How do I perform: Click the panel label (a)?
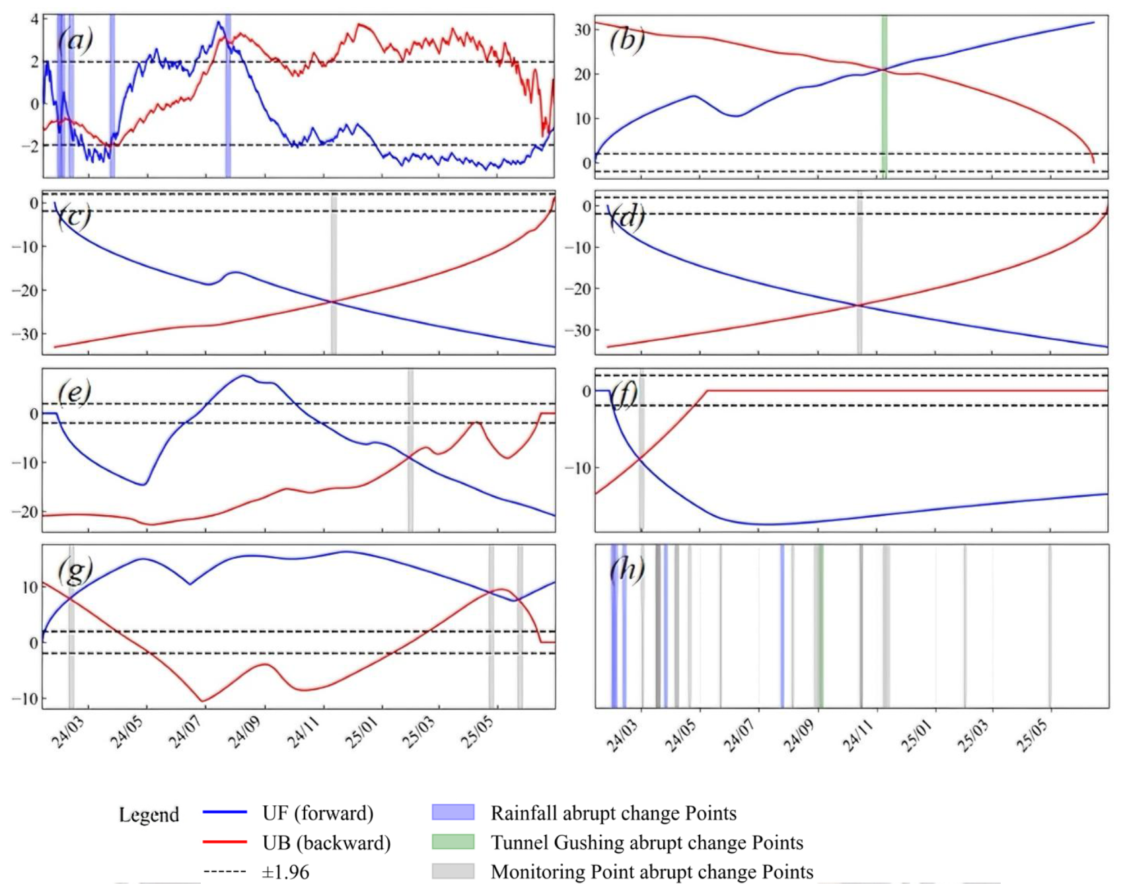[x=75, y=41]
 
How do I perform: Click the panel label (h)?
[x=626, y=569]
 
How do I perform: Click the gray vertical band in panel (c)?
[x=334, y=274]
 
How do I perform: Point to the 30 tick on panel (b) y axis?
[x=582, y=30]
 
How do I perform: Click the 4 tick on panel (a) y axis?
[x=34, y=19]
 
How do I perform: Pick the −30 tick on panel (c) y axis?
[x=25, y=334]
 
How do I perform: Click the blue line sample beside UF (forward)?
[x=225, y=812]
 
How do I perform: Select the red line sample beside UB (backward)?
[x=225, y=842]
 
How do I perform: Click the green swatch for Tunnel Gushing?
[x=453, y=842]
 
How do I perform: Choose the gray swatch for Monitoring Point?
[x=453, y=871]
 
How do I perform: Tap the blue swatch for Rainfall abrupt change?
[x=453, y=812]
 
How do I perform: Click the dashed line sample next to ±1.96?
[x=225, y=872]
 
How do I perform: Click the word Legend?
[x=149, y=814]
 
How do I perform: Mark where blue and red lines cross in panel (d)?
[x=858, y=305]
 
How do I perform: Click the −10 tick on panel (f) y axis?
[x=577, y=468]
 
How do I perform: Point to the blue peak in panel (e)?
[x=244, y=376]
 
